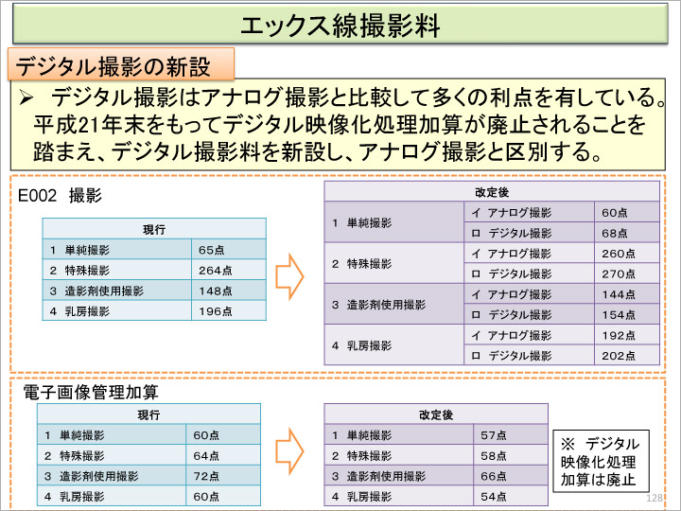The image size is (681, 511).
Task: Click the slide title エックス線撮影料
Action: click(x=340, y=25)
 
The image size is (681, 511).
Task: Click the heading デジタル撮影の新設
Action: click(x=112, y=66)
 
